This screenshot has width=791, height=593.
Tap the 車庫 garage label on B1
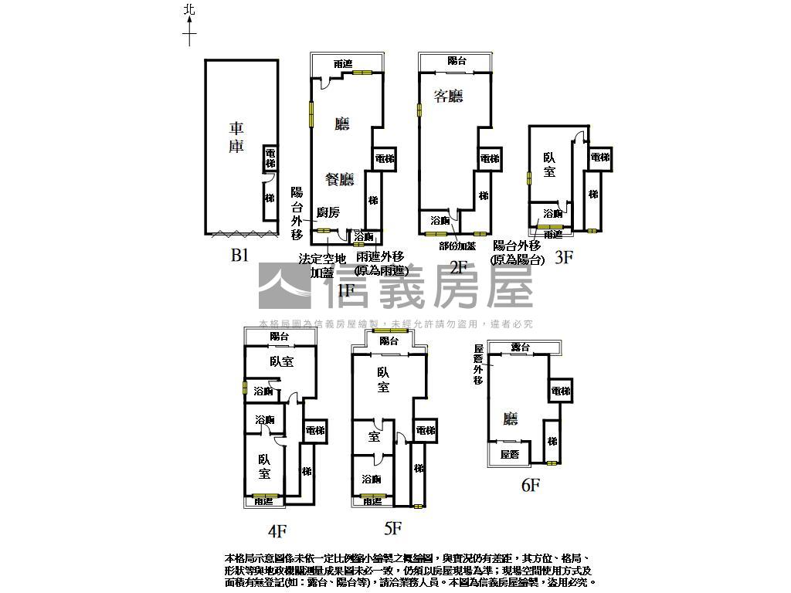coord(236,137)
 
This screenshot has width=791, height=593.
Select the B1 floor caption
coord(239,256)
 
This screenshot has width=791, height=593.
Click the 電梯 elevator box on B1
coord(270,158)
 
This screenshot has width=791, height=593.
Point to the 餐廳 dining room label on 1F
coord(339,179)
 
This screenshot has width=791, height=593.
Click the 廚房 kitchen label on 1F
coord(328,212)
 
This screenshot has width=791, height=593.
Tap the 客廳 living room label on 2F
coord(448,97)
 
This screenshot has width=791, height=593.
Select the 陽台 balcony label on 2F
coord(457,61)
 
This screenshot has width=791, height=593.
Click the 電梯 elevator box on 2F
coord(490,158)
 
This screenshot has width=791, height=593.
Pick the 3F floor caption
coord(565,258)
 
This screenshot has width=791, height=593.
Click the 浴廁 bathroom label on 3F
coord(553,213)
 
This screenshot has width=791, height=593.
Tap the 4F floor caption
coord(277,530)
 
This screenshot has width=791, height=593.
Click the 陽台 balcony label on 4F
coord(279,337)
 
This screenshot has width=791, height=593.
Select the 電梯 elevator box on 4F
coord(314,430)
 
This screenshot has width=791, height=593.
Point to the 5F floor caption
coord(393,529)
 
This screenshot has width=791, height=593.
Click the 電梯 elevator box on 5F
coord(425,430)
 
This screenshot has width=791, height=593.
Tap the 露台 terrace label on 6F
coord(521,348)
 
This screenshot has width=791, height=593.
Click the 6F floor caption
coord(530,485)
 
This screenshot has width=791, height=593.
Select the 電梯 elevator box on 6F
coord(561,391)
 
